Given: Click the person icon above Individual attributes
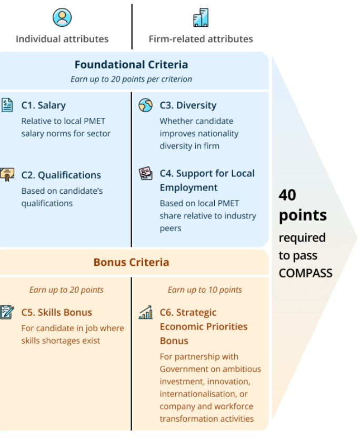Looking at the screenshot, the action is (x=62, y=17).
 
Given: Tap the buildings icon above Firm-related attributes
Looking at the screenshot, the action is (x=201, y=17).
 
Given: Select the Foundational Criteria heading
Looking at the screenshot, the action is (x=131, y=65).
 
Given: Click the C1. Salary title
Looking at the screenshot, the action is (x=44, y=105).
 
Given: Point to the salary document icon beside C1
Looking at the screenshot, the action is (x=7, y=105).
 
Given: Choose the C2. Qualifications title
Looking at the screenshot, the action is (x=61, y=175).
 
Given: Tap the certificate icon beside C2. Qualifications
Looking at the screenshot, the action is (x=7, y=175).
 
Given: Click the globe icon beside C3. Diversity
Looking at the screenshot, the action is (x=145, y=105).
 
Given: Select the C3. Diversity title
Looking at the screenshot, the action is (x=188, y=105).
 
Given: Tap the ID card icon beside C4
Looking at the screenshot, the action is (x=145, y=174).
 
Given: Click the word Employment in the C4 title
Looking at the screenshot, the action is (x=188, y=188).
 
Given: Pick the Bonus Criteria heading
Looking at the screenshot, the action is (x=131, y=262).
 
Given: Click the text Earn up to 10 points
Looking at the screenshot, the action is (x=205, y=290).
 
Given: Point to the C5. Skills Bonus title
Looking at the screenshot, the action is (x=57, y=312).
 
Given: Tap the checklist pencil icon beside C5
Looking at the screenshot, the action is (x=7, y=312).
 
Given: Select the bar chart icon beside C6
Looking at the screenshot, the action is (x=145, y=312).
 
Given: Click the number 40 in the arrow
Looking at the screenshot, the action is (x=287, y=195).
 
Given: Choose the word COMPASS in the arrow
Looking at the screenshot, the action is (x=306, y=273).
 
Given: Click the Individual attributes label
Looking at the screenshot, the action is (x=62, y=39).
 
